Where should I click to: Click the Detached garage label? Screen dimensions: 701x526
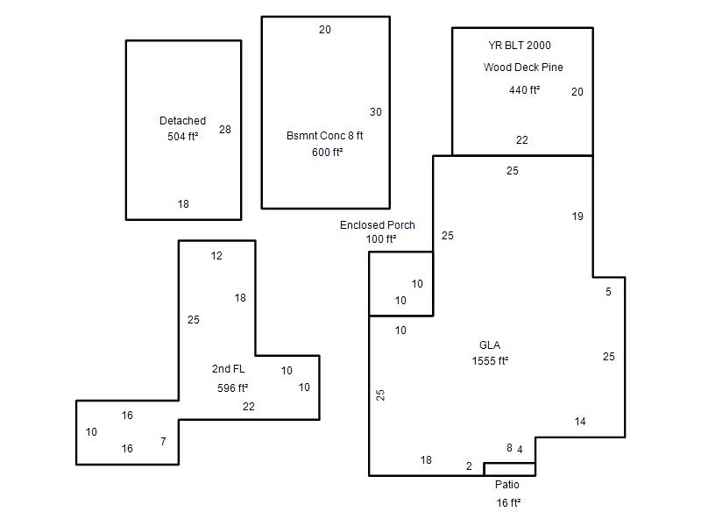pyautogui.click(x=182, y=121)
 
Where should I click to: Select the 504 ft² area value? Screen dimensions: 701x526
pyautogui.click(x=182, y=137)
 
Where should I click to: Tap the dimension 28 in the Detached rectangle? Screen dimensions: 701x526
pyautogui.click(x=225, y=130)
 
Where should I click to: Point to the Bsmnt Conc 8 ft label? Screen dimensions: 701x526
pyautogui.click(x=324, y=136)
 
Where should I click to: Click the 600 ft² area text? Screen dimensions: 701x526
pyautogui.click(x=327, y=152)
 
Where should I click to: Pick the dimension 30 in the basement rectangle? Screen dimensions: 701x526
pyautogui.click(x=376, y=112)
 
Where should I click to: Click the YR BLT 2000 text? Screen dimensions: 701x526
pyautogui.click(x=520, y=46)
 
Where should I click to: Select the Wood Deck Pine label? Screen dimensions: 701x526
pyautogui.click(x=523, y=68)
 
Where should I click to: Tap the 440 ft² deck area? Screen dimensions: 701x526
pyautogui.click(x=524, y=90)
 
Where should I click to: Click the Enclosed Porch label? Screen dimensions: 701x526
pyautogui.click(x=378, y=225)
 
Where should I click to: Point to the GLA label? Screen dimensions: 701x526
pyautogui.click(x=490, y=345)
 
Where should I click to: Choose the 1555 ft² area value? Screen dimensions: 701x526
pyautogui.click(x=490, y=360)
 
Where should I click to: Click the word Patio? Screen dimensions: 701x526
pyautogui.click(x=507, y=485)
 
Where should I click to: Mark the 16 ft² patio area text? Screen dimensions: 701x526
pyautogui.click(x=508, y=502)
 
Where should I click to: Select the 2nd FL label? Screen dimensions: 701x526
pyautogui.click(x=228, y=369)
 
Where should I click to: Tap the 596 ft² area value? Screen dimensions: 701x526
pyautogui.click(x=232, y=387)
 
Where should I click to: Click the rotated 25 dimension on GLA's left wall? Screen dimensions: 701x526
pyautogui.click(x=380, y=395)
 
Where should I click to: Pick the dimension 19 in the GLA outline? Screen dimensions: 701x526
pyautogui.click(x=577, y=217)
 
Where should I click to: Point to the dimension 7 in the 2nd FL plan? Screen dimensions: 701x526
pyautogui.click(x=163, y=442)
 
